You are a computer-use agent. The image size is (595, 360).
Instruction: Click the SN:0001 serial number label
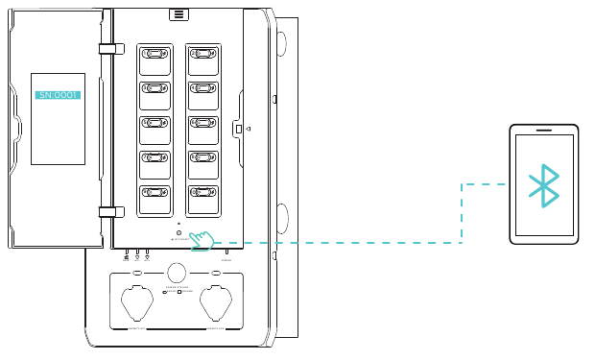point(58,95)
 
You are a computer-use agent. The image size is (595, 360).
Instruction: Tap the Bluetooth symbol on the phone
point(544,185)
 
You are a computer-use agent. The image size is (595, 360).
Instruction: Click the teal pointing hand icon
point(202,239)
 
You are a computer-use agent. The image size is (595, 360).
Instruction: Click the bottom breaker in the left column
point(155,198)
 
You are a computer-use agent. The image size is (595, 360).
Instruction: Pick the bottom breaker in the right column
point(203,198)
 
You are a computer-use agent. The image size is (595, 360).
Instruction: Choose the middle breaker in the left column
point(155,129)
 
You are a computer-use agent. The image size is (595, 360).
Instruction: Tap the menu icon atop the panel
point(178,13)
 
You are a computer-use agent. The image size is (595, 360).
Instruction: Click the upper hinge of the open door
point(107,48)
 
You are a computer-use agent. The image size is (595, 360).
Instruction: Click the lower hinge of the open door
point(107,211)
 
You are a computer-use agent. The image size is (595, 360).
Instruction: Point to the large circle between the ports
point(177,272)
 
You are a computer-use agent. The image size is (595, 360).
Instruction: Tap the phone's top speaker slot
point(544,130)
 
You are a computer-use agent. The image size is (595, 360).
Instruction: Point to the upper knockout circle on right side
point(280,43)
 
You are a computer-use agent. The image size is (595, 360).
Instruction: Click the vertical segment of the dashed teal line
point(462,213)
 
